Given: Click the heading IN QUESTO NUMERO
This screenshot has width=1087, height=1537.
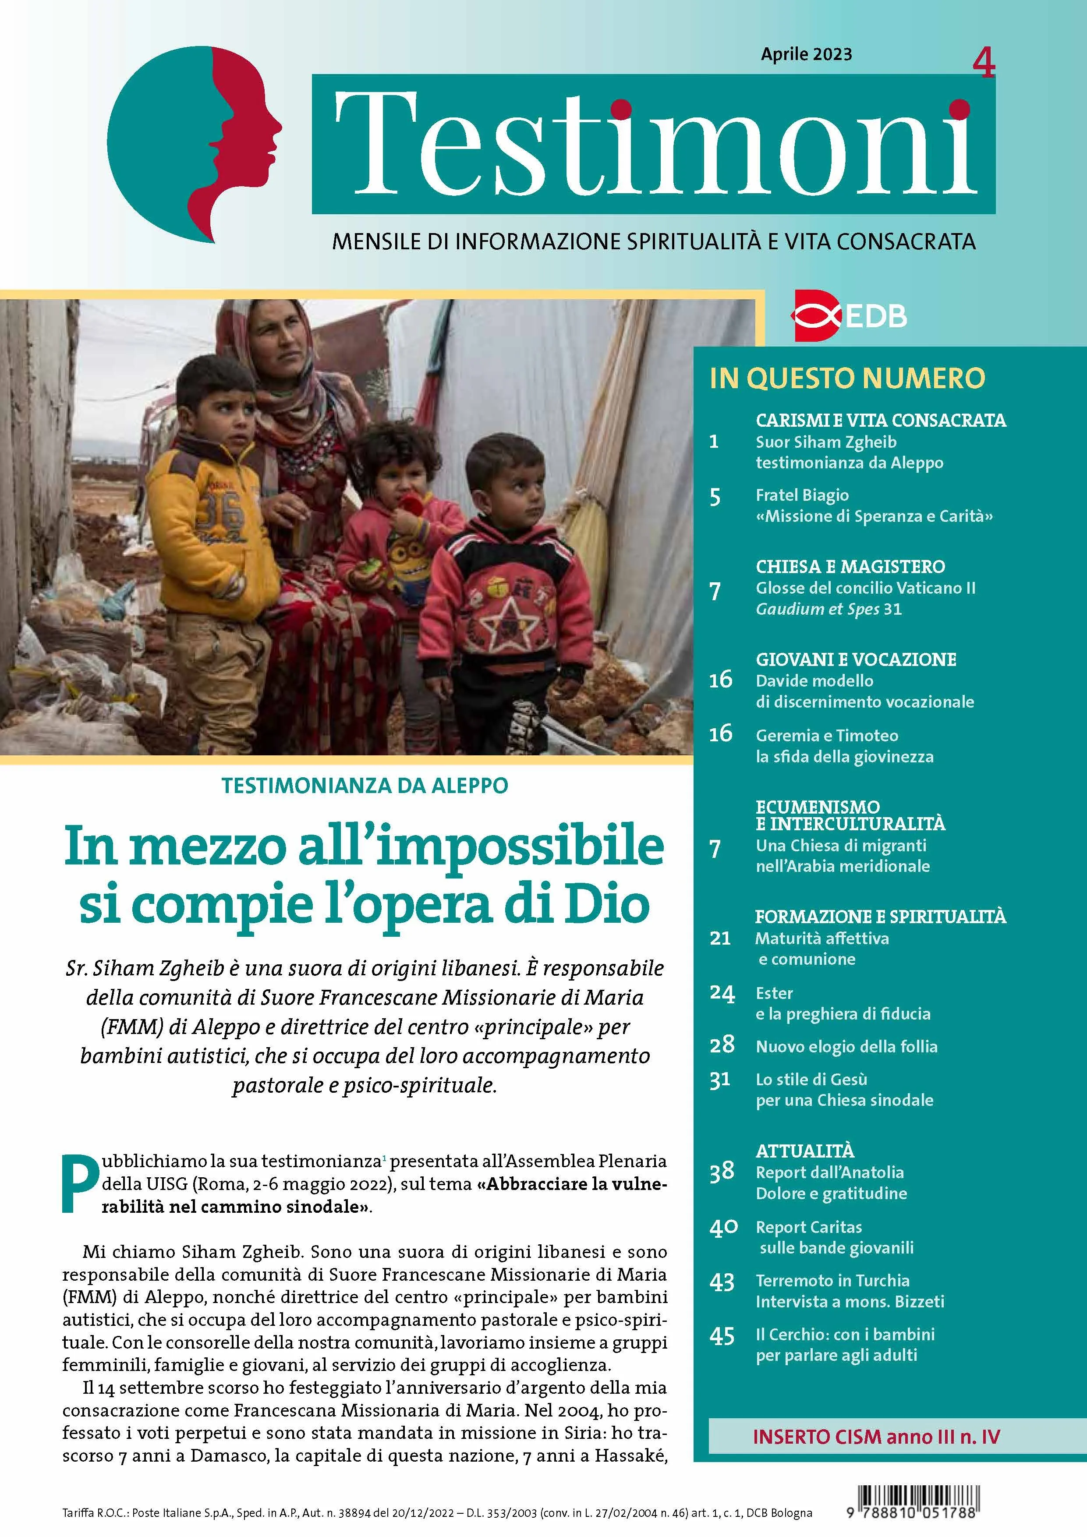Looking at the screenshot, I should coord(847,378).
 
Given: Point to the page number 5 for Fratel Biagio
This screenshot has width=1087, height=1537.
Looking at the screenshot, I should coord(715,497).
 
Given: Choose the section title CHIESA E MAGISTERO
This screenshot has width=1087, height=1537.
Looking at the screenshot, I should coord(850,567).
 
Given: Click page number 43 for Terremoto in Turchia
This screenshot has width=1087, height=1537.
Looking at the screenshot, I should coord(722,1282).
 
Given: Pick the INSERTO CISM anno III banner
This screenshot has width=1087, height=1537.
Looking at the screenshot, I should coord(876,1437).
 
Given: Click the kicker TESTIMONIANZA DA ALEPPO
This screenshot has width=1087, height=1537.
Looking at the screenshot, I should coord(365,785).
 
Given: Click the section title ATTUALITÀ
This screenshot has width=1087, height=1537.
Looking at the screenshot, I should coord(804,1151).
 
